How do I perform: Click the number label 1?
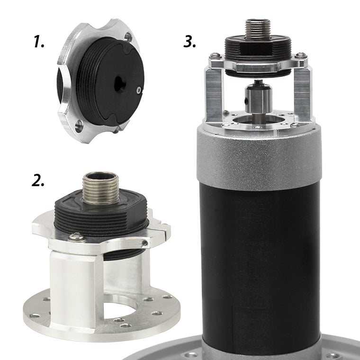(39, 42)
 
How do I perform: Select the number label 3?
(190, 42)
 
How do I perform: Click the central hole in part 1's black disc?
(120, 84)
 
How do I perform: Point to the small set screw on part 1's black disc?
(138, 90)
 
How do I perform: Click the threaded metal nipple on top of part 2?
(101, 188)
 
